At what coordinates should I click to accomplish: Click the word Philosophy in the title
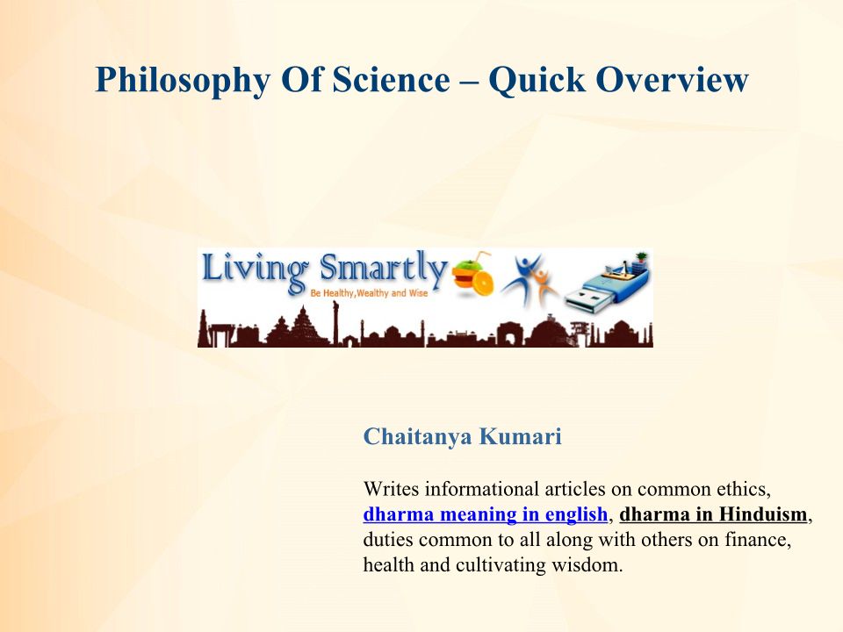coord(184,81)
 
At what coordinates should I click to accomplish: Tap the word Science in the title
coord(391,80)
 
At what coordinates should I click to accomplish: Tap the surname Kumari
coord(520,436)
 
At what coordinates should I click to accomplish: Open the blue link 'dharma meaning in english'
coord(486,514)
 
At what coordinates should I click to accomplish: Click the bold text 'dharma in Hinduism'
coord(713,514)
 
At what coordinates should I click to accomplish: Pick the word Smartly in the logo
coord(383,269)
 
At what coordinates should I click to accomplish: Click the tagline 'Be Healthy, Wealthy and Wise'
coord(369,293)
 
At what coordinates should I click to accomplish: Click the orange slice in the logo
coord(482,281)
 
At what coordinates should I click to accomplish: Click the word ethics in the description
coord(744,490)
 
